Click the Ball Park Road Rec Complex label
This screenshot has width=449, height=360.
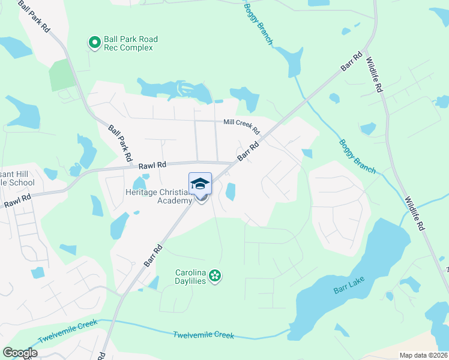131,43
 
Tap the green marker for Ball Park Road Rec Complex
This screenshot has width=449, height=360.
94,42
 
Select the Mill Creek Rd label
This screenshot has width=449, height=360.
241,126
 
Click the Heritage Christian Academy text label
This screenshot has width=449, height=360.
159,196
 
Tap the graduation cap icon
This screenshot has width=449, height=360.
200,183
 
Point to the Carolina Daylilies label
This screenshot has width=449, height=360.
190,276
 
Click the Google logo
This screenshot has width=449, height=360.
20,353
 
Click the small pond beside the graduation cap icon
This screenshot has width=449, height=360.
230,192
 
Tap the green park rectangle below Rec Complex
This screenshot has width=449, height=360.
62,74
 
